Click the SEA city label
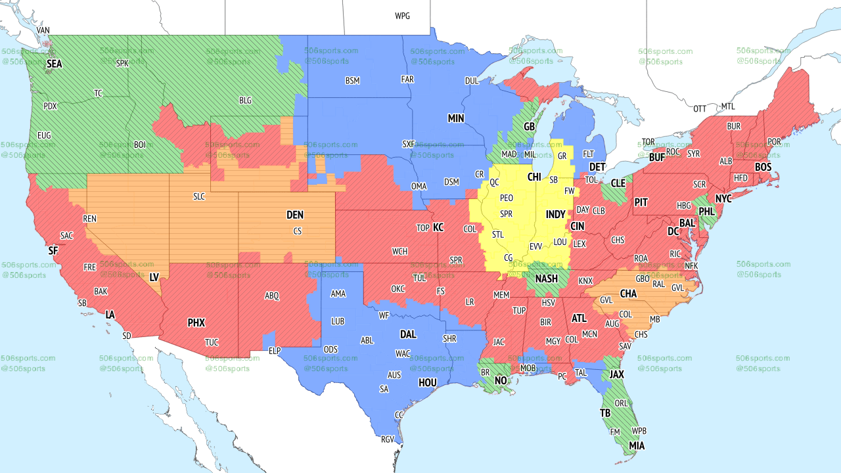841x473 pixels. (x=54, y=64)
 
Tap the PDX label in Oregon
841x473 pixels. (x=50, y=106)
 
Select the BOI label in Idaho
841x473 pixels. (x=140, y=145)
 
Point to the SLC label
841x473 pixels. (x=199, y=196)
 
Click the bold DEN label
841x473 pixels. (x=295, y=215)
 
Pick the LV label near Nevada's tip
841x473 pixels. (x=154, y=277)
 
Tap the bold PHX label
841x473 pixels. (x=196, y=323)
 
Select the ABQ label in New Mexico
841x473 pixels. (x=272, y=296)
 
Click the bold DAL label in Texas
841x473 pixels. (x=408, y=334)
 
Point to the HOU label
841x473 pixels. (x=428, y=382)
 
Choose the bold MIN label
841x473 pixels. (x=456, y=118)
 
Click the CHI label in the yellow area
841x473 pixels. (x=534, y=177)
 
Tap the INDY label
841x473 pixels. (x=555, y=215)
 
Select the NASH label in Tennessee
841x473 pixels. (x=546, y=279)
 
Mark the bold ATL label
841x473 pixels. (x=579, y=318)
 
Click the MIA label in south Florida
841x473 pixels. (x=637, y=446)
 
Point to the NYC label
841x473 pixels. (x=723, y=198)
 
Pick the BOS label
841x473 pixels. (x=763, y=168)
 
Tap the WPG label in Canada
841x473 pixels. (x=402, y=16)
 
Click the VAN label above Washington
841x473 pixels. (x=43, y=30)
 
